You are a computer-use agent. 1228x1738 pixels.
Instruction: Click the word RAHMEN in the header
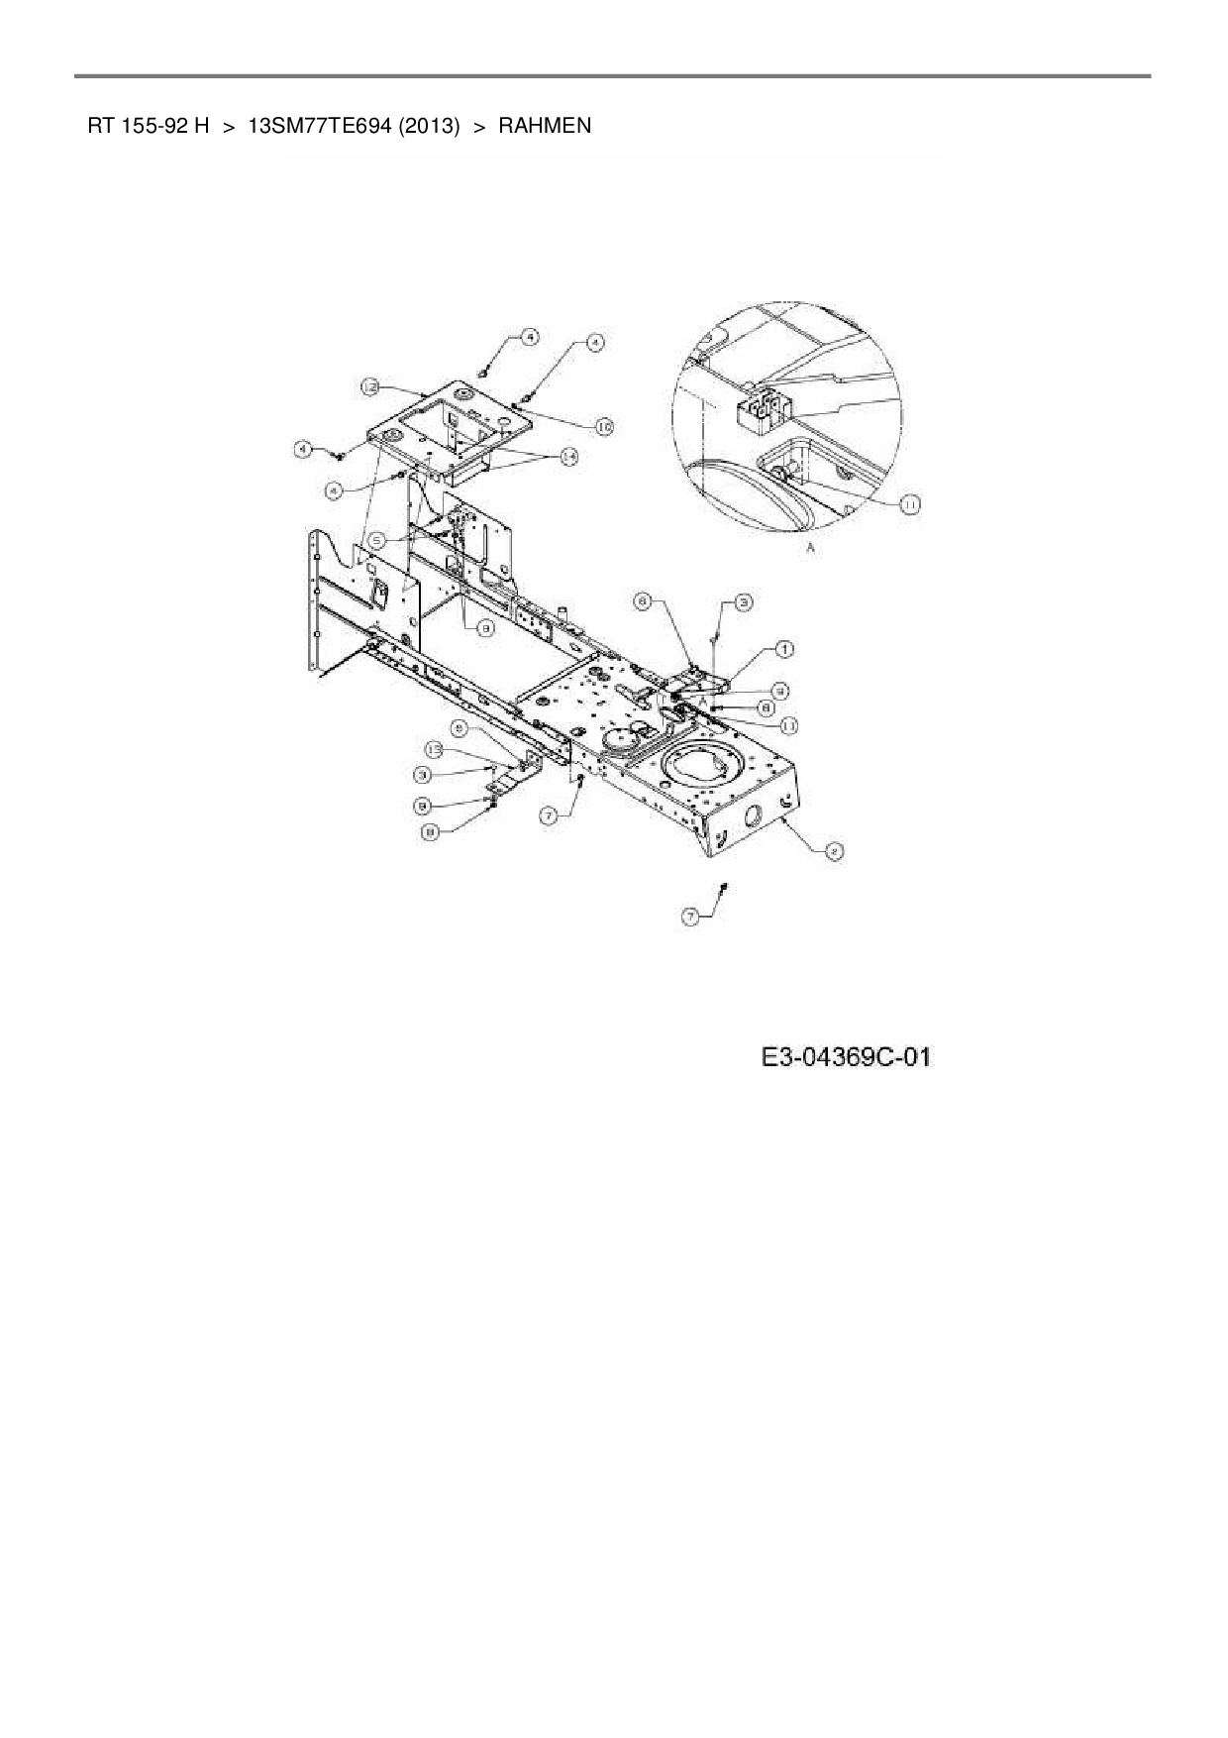(545, 126)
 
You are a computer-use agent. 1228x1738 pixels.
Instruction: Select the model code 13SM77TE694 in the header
(305, 126)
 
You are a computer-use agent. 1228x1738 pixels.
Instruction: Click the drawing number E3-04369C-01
(847, 1057)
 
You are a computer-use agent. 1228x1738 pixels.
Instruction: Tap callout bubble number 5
(377, 540)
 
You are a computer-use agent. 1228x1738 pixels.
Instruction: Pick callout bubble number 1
(783, 649)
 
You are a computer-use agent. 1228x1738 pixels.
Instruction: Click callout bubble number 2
(834, 850)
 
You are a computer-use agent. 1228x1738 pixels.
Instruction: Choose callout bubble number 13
(433, 748)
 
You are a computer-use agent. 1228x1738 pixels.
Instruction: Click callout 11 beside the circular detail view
(909, 504)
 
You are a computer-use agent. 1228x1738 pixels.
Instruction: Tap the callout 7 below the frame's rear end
(689, 918)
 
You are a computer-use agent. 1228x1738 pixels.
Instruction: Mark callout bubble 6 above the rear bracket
(642, 601)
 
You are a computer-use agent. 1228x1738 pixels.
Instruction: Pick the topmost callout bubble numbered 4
(530, 337)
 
